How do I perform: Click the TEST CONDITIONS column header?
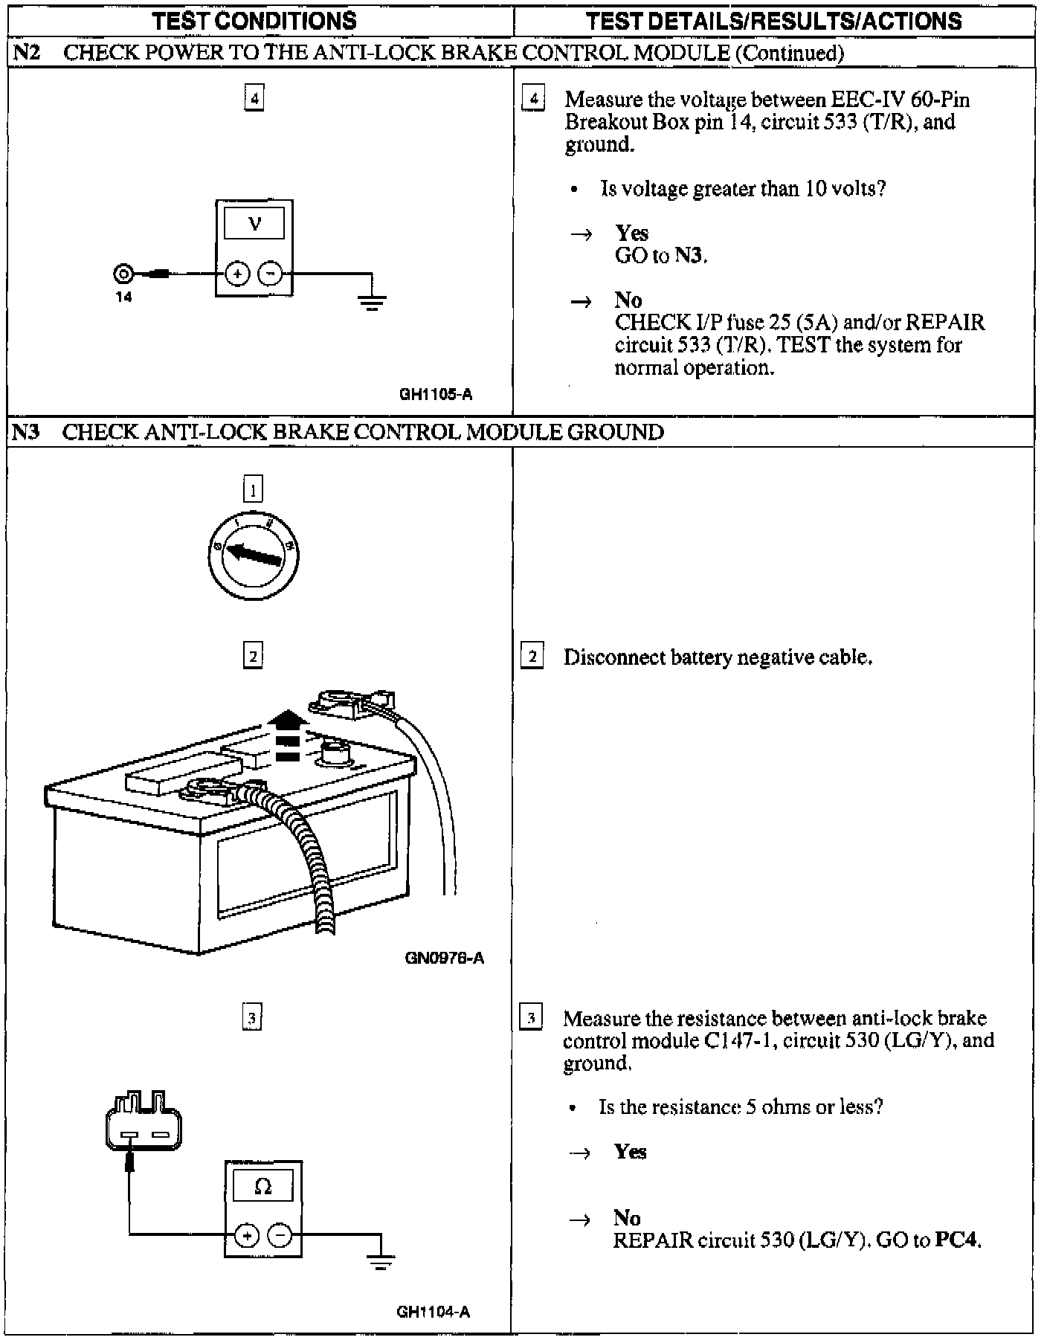click(x=254, y=21)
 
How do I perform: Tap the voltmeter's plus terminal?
click(x=237, y=274)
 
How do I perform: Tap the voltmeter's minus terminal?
click(x=270, y=274)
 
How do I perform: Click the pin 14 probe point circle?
click(x=123, y=274)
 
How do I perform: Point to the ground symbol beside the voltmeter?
click(x=372, y=301)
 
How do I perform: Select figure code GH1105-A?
click(x=436, y=395)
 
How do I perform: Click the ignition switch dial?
click(x=253, y=552)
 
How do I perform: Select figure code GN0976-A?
click(x=444, y=958)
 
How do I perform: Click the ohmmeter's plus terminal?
click(x=247, y=1235)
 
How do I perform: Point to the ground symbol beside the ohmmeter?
click(x=381, y=1262)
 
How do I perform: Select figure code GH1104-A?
click(x=433, y=1312)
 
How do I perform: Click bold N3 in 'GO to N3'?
click(x=689, y=256)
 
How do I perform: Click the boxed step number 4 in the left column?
click(x=254, y=98)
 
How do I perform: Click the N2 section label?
click(x=26, y=53)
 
